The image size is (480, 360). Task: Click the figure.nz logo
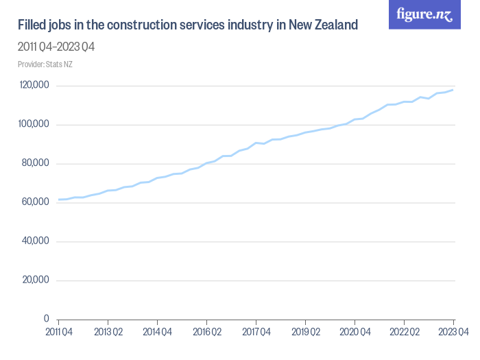[424, 15]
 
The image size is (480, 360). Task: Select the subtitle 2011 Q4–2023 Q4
[56, 47]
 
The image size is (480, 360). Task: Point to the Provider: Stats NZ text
[45, 64]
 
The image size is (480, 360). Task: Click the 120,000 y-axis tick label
[34, 86]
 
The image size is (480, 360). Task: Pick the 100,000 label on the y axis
[34, 125]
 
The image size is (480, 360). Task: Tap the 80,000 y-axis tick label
[35, 163]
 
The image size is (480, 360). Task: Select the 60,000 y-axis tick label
[35, 202]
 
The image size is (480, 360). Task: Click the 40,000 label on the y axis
[35, 241]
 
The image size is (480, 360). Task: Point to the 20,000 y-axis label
[35, 280]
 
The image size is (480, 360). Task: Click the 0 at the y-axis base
[46, 319]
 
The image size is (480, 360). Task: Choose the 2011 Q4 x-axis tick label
[58, 332]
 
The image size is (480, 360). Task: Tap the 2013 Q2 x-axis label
[108, 332]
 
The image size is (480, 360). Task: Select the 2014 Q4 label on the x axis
[157, 332]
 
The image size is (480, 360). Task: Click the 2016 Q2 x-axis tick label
[206, 332]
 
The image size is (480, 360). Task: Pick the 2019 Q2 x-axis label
[305, 332]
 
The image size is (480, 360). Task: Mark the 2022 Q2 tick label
[404, 332]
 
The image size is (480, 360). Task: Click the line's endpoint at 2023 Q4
[453, 90]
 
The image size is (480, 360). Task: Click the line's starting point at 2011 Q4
[58, 200]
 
